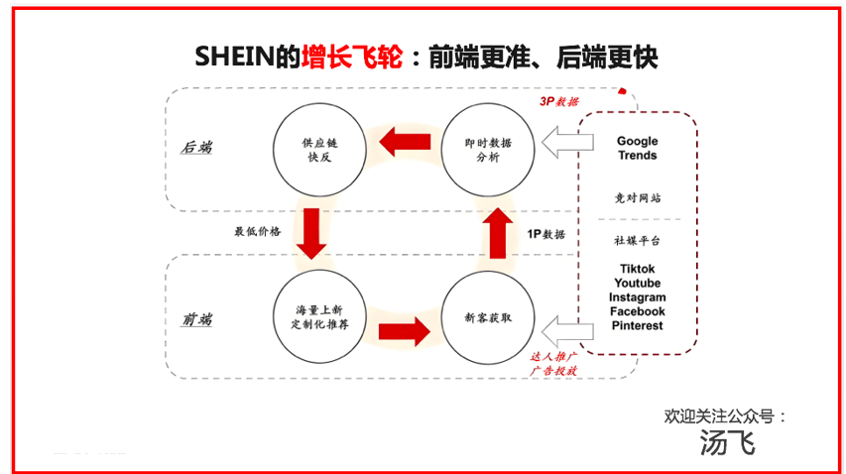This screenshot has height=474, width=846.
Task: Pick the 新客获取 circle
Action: [488, 318]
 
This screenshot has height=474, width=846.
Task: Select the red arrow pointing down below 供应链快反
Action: [312, 233]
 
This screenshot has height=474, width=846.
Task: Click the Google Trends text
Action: [637, 149]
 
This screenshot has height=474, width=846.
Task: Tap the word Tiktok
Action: [637, 269]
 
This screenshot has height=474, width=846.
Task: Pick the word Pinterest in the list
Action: [637, 325]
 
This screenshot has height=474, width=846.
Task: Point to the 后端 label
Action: [196, 148]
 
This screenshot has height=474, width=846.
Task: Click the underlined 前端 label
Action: [196, 319]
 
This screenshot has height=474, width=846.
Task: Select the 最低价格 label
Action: [257, 231]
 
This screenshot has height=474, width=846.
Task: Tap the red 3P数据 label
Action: [559, 101]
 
